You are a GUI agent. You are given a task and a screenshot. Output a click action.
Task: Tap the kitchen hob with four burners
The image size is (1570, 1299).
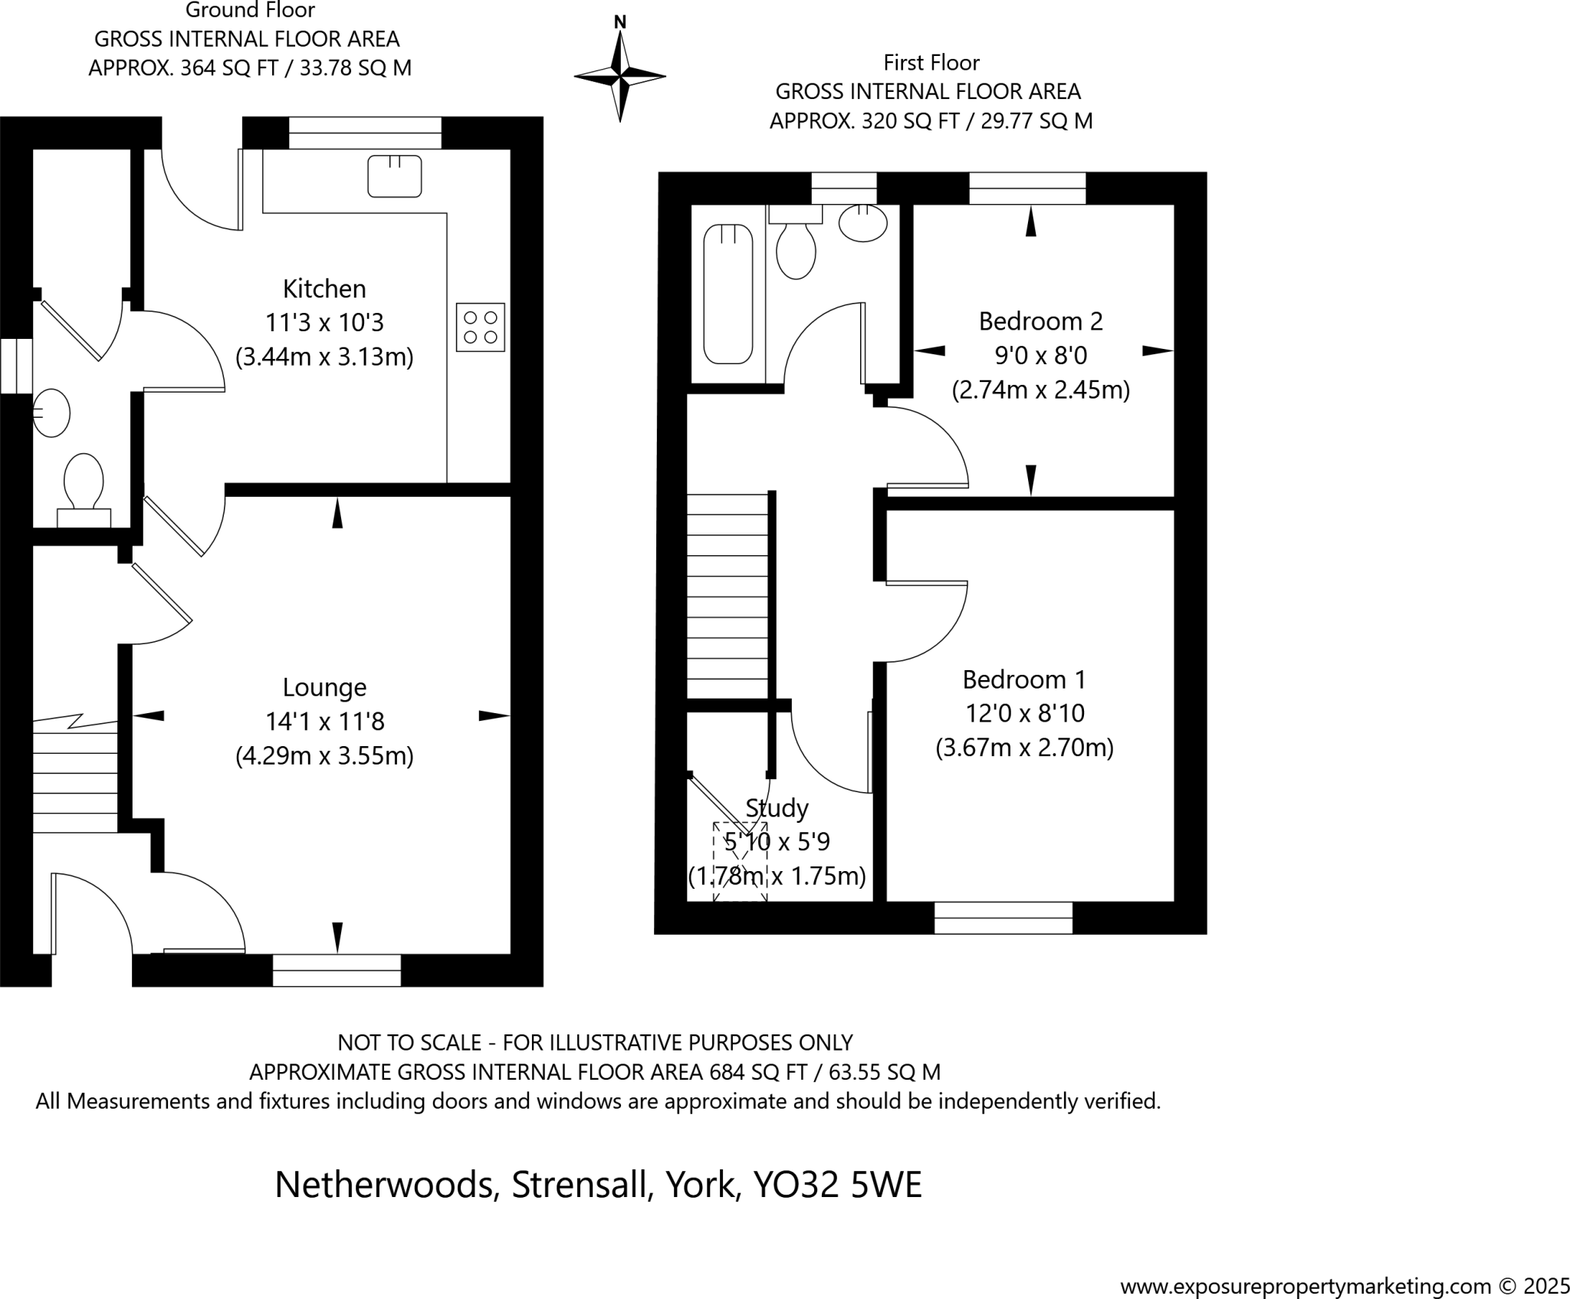point(480,327)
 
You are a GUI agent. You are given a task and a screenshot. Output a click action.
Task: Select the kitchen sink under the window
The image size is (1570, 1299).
point(394,176)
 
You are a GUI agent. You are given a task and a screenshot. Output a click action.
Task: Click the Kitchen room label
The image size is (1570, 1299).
point(324,289)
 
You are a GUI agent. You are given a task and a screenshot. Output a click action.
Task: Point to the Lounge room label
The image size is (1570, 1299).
point(324,687)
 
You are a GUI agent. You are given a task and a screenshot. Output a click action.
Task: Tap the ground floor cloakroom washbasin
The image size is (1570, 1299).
point(51,413)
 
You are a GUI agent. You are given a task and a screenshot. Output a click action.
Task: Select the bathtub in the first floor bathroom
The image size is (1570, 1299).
point(728,294)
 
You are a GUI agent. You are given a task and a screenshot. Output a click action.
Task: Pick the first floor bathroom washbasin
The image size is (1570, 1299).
point(863,223)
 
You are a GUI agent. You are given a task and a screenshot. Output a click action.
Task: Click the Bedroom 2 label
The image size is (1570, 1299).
point(1040,321)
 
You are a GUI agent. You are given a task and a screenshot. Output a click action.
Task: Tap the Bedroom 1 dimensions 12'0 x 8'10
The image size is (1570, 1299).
point(1024,713)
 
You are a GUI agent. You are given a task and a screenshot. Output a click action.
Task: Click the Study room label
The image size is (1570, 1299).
point(777,808)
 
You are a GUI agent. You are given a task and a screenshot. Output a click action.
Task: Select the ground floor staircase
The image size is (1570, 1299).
point(74,774)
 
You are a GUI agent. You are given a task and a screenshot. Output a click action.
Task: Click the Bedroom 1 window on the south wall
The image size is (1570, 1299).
point(1003,918)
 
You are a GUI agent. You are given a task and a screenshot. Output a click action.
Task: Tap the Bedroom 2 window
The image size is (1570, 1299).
point(1027,188)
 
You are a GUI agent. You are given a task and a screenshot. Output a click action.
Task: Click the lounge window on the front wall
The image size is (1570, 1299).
point(337,970)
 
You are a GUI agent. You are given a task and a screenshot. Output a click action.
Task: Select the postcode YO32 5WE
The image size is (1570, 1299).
point(837,1185)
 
